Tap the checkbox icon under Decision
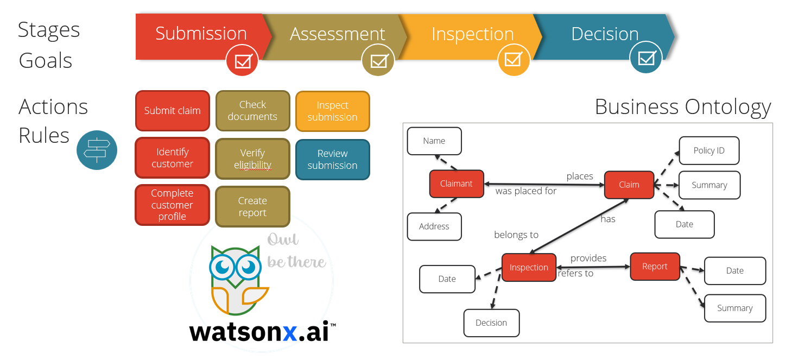[x=646, y=57]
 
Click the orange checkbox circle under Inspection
[x=514, y=59]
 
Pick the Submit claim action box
[x=172, y=111]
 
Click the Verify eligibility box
[x=252, y=159]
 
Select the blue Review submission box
[x=332, y=160]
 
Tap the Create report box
[x=252, y=207]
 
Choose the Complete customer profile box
[x=172, y=205]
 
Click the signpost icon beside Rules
[x=97, y=150]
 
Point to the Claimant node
[x=456, y=184]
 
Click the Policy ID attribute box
[x=709, y=150]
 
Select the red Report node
[x=655, y=267]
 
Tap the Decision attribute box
[x=491, y=323]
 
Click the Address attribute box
[x=434, y=226]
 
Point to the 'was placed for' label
[x=525, y=191]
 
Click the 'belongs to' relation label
[x=516, y=235]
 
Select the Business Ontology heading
[x=683, y=106]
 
